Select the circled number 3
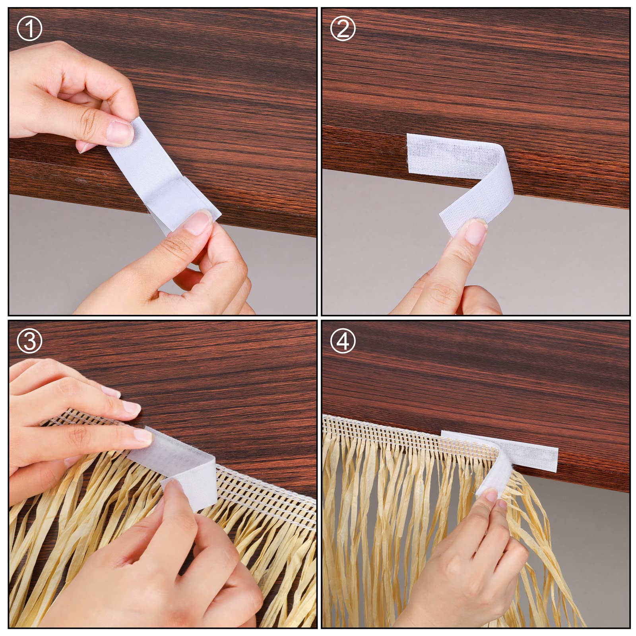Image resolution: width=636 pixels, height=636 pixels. coord(29,341)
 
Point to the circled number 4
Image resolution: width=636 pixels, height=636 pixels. coord(343,341)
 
